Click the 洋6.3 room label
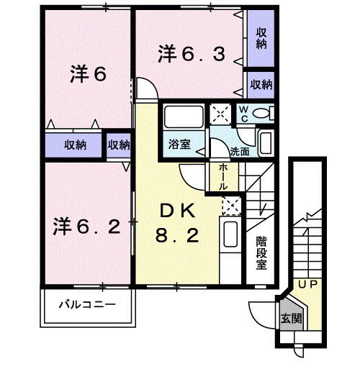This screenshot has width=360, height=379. [x=192, y=55]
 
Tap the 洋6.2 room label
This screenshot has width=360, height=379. [x=86, y=226]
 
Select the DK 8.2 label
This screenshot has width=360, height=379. [x=177, y=223]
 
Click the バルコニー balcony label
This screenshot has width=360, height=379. [x=87, y=304]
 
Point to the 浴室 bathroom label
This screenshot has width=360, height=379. [x=179, y=145]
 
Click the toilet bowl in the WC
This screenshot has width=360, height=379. [x=261, y=113]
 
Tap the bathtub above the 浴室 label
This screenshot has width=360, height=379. [x=184, y=117]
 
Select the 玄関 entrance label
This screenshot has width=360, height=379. [x=292, y=319]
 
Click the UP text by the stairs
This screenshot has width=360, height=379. [x=307, y=285]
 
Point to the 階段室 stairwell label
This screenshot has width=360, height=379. [x=261, y=253]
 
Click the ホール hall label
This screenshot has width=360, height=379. [x=223, y=177]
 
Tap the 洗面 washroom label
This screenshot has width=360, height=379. [x=240, y=152]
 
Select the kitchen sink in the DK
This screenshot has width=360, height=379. [x=230, y=234]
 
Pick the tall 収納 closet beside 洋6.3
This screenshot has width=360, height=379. [x=261, y=39]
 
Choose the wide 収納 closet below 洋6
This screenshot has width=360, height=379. [x=73, y=145]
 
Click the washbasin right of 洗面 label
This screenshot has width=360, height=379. [x=266, y=143]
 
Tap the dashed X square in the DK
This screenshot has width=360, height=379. [x=232, y=206]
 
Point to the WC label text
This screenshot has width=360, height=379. [x=244, y=114]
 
